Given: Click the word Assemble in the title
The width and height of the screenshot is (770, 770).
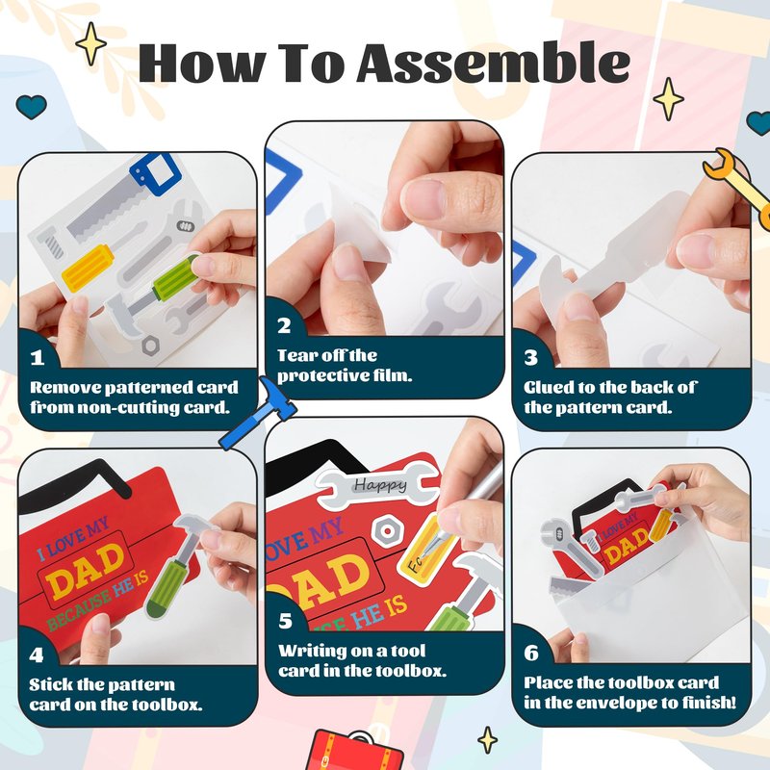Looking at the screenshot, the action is [x=494, y=63].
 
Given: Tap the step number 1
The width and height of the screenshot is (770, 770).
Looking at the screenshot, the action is [x=38, y=357].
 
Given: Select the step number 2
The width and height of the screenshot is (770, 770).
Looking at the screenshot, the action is [x=284, y=325].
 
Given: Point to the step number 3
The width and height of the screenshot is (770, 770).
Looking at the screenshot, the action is [x=531, y=357].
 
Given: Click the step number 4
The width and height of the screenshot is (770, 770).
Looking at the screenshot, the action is [x=37, y=654].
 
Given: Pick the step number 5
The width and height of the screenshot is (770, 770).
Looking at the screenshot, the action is [x=285, y=621].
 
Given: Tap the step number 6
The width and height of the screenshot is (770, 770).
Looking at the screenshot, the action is [x=531, y=654].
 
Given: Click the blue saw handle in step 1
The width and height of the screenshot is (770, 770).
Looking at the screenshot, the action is [x=155, y=174].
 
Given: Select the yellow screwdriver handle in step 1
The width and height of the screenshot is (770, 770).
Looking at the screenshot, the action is [x=88, y=268].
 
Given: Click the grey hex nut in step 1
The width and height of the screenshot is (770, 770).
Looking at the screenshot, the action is [x=151, y=346].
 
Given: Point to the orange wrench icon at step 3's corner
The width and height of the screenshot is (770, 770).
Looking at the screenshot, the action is [x=736, y=188].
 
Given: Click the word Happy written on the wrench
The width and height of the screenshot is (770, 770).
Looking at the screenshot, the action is [x=380, y=485].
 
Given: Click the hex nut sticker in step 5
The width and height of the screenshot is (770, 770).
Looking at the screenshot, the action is [x=387, y=531].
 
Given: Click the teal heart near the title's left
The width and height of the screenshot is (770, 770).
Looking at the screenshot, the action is [x=32, y=107].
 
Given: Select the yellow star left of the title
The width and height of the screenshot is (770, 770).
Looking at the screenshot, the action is [x=90, y=43].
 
